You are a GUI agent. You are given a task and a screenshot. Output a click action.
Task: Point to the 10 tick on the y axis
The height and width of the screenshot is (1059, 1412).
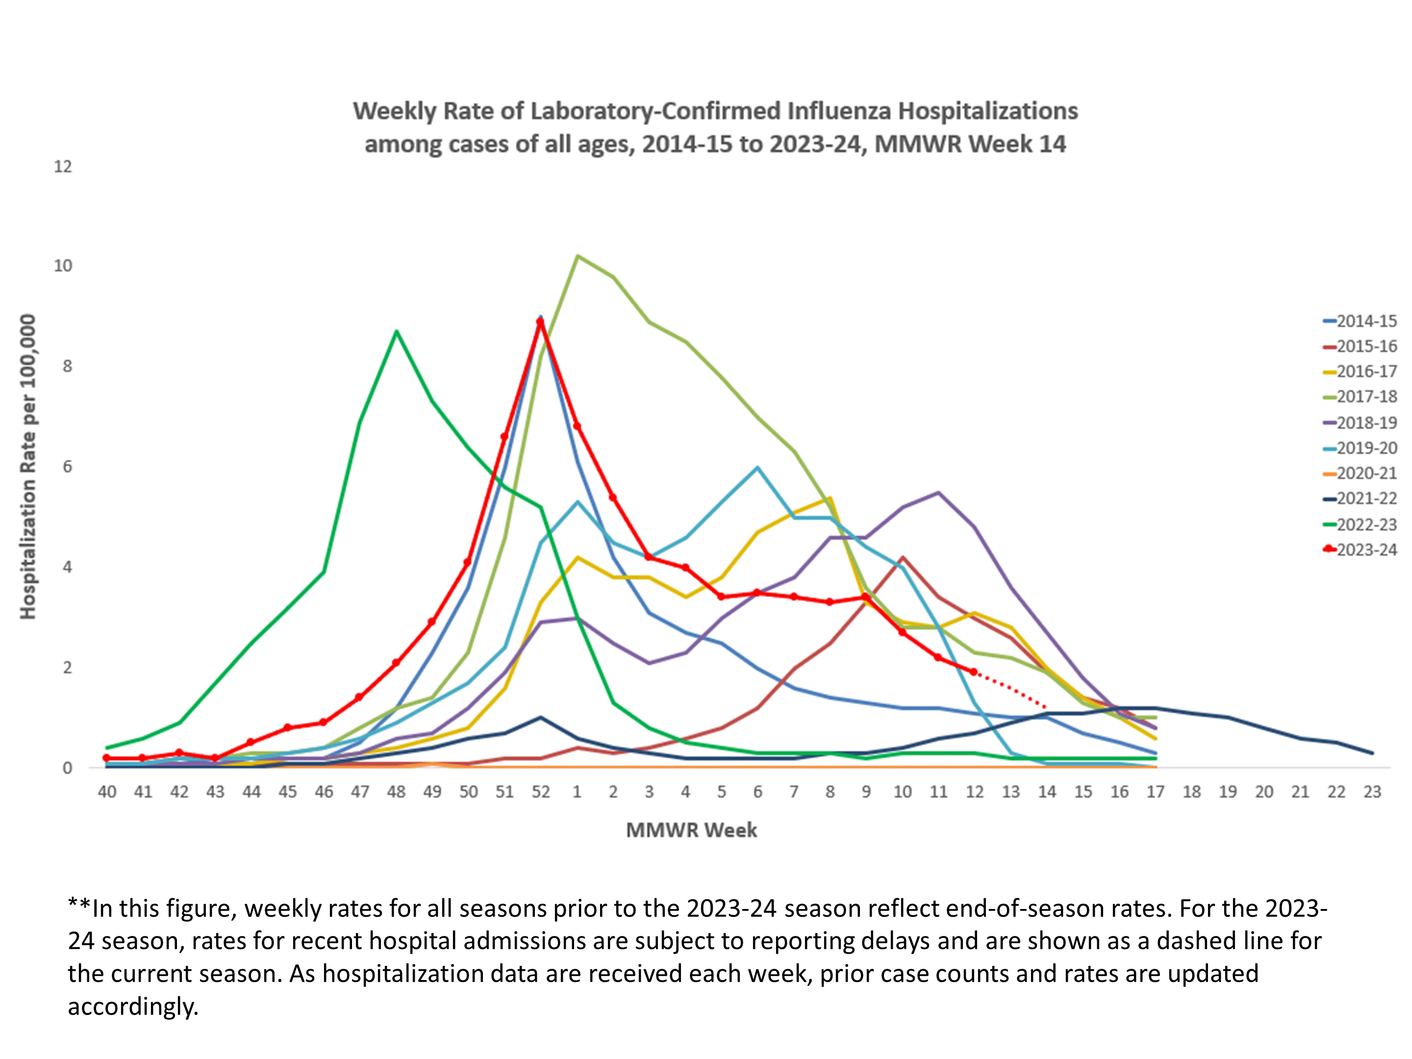63,266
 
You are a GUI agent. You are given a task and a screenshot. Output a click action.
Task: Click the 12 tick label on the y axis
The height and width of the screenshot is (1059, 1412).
63,167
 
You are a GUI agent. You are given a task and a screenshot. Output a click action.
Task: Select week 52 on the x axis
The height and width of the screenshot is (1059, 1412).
541,792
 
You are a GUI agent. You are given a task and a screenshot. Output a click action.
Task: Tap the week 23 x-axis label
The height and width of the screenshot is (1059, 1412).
1372,792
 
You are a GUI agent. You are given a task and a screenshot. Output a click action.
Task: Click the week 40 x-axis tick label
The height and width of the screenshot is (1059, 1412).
106,792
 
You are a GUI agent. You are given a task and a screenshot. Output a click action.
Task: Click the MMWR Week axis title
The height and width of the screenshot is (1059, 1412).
691,830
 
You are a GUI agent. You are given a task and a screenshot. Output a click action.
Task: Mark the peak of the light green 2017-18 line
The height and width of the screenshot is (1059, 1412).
577,256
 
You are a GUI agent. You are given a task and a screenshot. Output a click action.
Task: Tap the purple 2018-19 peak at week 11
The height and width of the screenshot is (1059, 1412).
938,492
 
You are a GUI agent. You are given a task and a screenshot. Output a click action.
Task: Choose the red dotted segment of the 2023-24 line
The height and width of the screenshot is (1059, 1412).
1010,689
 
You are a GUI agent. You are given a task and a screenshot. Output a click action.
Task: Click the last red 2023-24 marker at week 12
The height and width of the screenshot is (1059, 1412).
974,672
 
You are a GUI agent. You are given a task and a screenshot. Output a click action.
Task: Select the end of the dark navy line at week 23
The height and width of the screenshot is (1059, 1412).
1372,753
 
